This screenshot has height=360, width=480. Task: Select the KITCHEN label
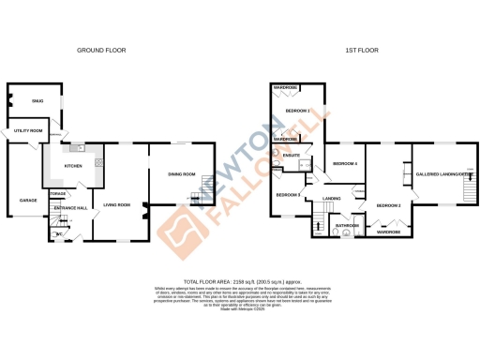pos(73,166)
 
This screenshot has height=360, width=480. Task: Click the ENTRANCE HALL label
pos(69,207)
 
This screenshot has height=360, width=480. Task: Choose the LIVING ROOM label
pos(117,203)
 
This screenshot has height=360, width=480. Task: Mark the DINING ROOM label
pos(181,174)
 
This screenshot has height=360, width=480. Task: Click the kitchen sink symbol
pos(81,148)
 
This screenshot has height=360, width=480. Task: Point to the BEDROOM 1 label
pos(296,111)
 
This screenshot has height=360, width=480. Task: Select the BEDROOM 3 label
pos(286,194)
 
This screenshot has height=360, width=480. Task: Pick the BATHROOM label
pos(349,226)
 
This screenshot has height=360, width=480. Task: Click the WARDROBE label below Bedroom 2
pos(388,232)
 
